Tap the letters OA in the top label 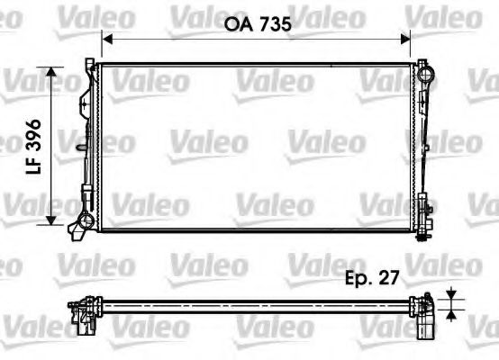pos(237,27)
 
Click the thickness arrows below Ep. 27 pos(449,306)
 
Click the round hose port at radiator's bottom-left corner pos(85,220)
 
